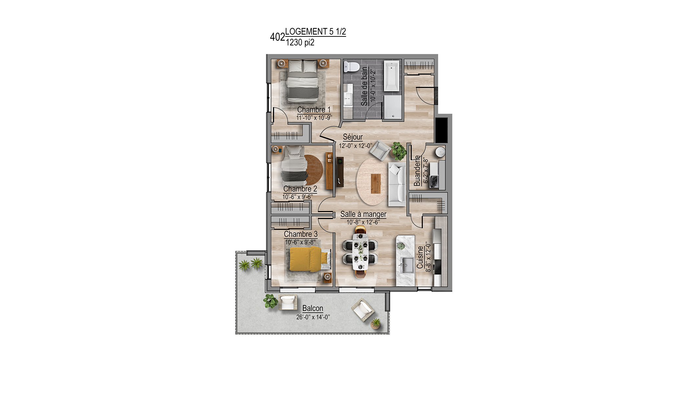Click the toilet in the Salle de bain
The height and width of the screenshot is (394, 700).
click(x=350, y=66)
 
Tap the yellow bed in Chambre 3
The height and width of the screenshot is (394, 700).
click(x=308, y=259)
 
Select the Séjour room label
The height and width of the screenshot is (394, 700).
click(x=353, y=137)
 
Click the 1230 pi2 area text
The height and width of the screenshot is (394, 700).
click(x=300, y=42)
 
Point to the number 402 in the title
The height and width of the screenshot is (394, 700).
click(x=277, y=37)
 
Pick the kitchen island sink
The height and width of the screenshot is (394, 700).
click(x=407, y=265)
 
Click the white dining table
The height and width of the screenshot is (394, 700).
click(x=360, y=251)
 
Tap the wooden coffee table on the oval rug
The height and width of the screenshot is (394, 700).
click(x=376, y=184)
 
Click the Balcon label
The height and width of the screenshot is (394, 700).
click(x=312, y=308)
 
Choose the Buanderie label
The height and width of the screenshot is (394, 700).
click(x=417, y=171)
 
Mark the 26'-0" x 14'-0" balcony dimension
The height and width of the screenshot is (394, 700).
click(x=313, y=317)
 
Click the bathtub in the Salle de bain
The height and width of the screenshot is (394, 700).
click(x=392, y=76)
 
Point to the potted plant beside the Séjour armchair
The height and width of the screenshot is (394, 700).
click(x=399, y=151)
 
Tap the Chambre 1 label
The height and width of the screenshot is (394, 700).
click(x=314, y=110)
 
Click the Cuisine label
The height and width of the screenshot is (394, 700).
click(x=420, y=257)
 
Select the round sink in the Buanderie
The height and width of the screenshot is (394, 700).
click(x=440, y=152)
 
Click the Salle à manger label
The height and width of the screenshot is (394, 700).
click(x=363, y=214)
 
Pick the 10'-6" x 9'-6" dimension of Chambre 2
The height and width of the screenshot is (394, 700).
click(x=297, y=197)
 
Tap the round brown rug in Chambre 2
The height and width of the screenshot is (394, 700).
click(x=313, y=170)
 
